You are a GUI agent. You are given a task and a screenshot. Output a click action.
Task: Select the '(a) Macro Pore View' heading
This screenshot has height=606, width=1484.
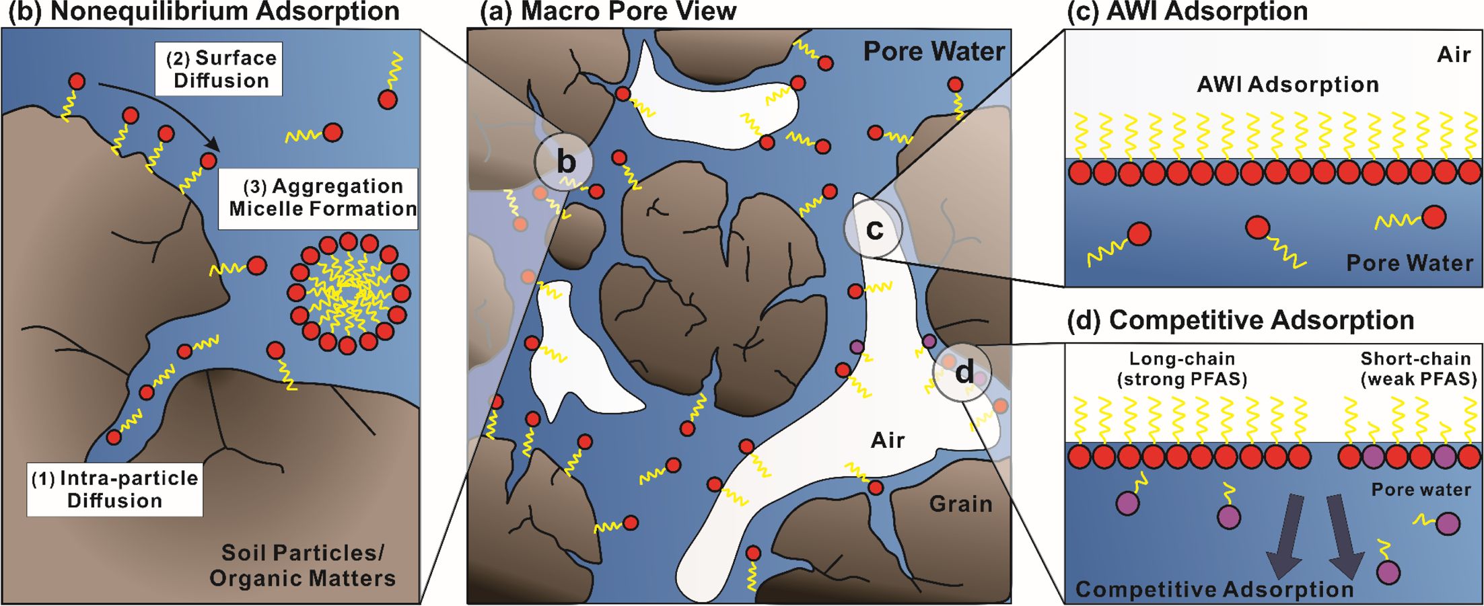pos(608,12)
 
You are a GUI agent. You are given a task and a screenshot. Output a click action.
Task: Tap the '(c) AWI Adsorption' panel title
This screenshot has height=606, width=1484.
pos(1187,12)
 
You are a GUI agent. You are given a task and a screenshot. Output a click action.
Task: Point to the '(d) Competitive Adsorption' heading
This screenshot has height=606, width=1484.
pos(1240,320)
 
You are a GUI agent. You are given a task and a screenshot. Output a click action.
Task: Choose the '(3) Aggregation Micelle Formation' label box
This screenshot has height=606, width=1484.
pos(318,198)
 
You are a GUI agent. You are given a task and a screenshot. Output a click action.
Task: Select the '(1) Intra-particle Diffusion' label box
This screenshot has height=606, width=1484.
pos(115,489)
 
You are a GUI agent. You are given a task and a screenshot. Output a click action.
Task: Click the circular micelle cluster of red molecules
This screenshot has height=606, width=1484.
pos(348,294)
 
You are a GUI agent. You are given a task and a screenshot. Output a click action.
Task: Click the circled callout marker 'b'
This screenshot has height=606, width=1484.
pos(564,162)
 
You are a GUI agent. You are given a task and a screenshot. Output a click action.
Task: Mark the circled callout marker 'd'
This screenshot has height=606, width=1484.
pos(962,371)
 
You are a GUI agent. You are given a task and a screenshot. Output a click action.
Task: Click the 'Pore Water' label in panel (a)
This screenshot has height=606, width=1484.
pos(933,51)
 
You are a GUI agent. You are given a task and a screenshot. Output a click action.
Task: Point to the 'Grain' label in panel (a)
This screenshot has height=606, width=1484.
pos(960,504)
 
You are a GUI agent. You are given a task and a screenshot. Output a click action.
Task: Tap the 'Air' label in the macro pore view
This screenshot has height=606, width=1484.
pos(887,441)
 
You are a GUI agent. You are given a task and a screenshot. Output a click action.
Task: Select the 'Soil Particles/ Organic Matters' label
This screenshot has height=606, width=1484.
pos(302,565)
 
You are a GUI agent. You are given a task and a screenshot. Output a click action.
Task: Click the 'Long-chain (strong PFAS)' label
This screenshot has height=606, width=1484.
pos(1182,369)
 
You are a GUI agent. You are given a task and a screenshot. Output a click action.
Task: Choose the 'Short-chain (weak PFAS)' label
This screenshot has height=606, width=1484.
pos(1418,369)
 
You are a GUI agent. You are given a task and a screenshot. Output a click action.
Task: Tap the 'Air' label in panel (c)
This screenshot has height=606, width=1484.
pos(1454,54)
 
